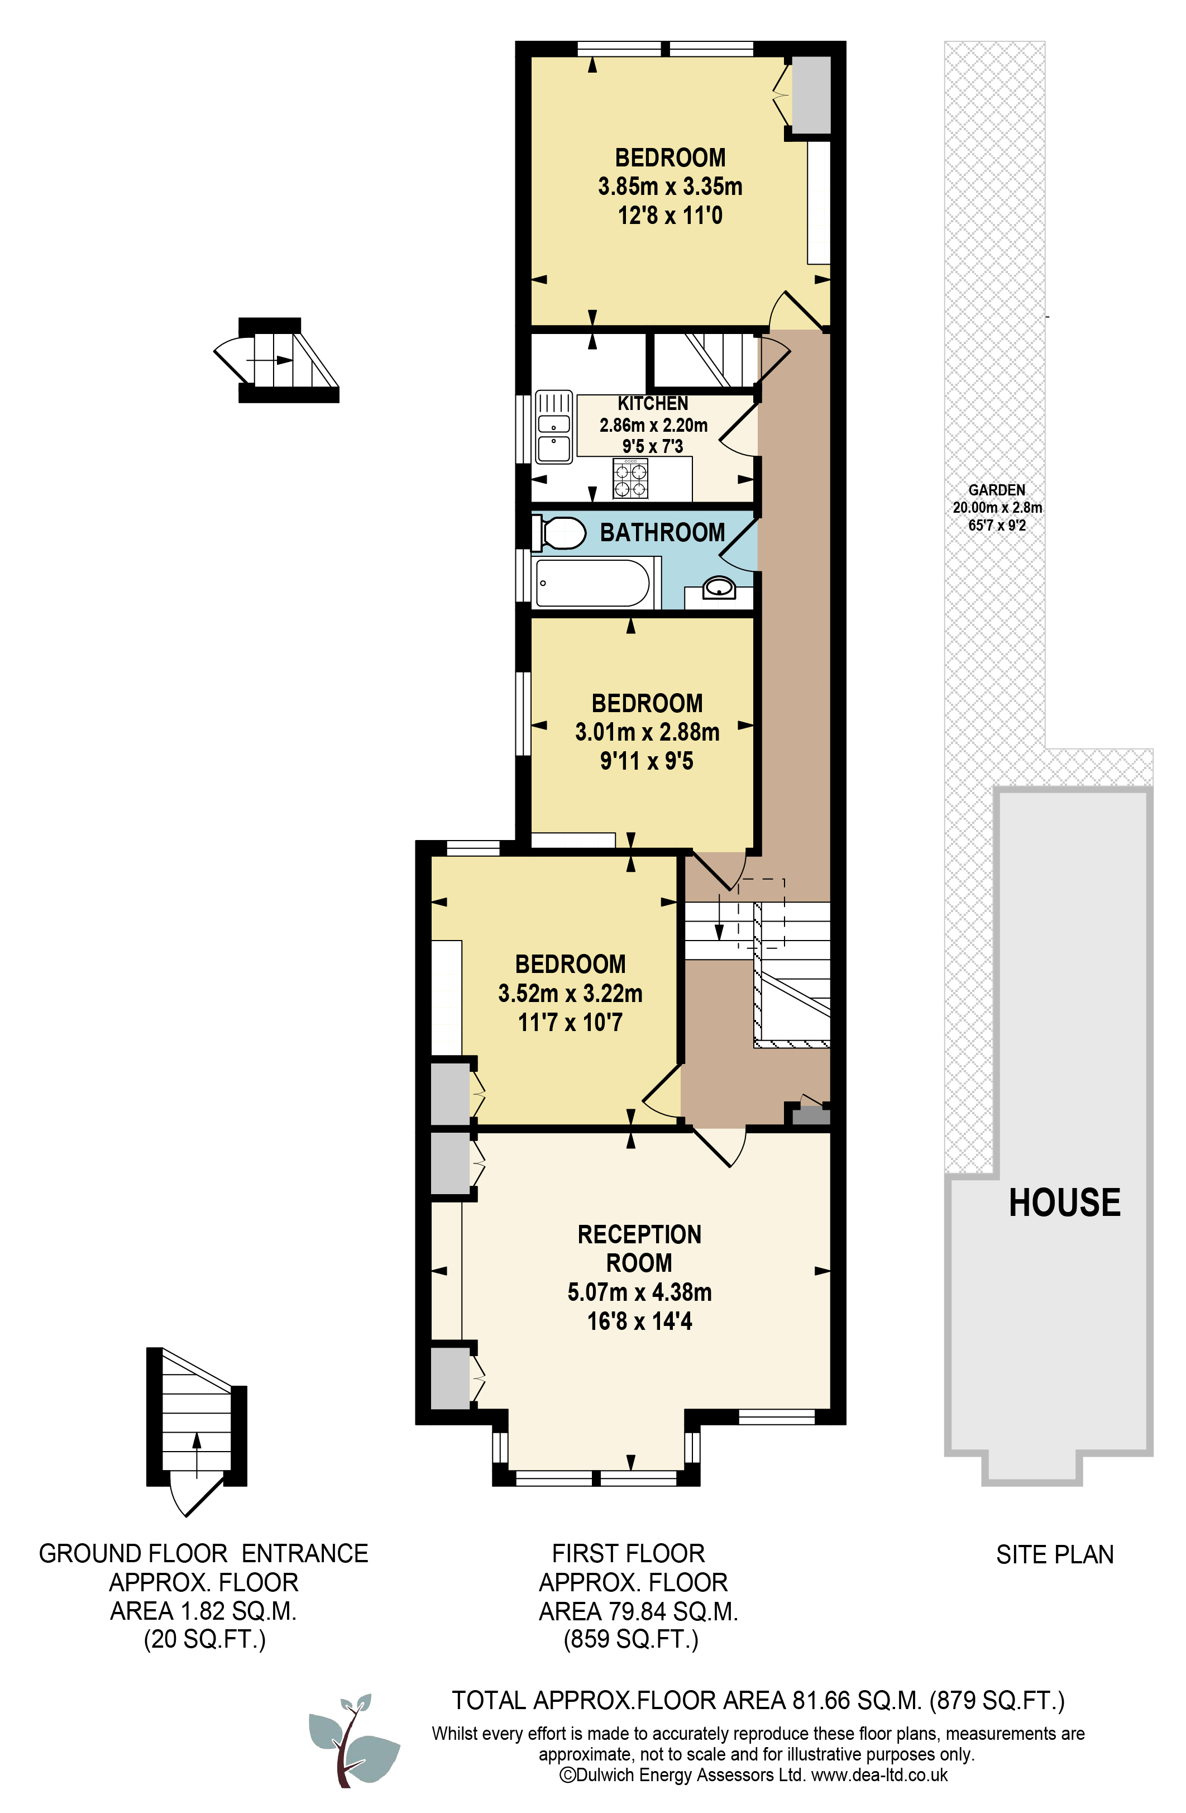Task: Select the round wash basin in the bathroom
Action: point(718,588)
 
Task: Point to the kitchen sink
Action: point(554,427)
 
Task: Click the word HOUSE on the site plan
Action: point(1064,1202)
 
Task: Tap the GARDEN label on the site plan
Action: point(996,490)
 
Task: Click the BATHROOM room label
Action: point(662,532)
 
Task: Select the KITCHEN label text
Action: point(653,403)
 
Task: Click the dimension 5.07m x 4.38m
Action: point(639,1292)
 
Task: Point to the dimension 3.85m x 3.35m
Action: point(669,186)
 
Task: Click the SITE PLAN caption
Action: point(1054,1554)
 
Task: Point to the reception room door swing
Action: point(720,1147)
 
